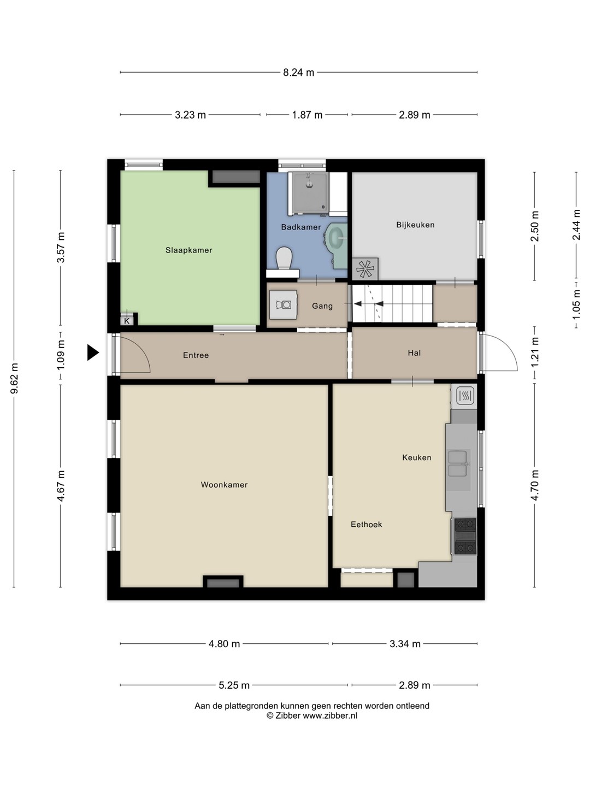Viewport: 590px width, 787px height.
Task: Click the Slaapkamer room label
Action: pos(188,250)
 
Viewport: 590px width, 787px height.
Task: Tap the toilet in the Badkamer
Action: pos(284,258)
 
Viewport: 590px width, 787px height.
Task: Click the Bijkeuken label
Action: pos(415,225)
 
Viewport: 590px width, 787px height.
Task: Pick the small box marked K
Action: pos(127,320)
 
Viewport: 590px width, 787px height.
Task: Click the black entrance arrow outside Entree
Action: pos(93,353)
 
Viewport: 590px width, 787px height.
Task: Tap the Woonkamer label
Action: pos(224,485)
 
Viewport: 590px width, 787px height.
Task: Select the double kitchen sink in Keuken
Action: pos(458,463)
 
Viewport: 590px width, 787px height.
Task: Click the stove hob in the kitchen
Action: pos(465,536)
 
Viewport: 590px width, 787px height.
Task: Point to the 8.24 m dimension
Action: pos(298,73)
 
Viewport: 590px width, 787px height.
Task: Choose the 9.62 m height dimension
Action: pos(14,378)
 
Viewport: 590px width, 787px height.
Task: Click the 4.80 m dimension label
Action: pos(224,644)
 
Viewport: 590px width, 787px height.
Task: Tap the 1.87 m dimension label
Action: pos(307,115)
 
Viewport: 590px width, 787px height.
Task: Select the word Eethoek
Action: pos(366,525)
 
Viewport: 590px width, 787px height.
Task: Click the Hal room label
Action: pos(414,353)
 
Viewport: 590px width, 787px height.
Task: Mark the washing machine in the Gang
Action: pos(284,305)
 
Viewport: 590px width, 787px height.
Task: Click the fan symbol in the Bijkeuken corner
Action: pos(365,268)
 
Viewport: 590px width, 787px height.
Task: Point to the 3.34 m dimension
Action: pos(405,644)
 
